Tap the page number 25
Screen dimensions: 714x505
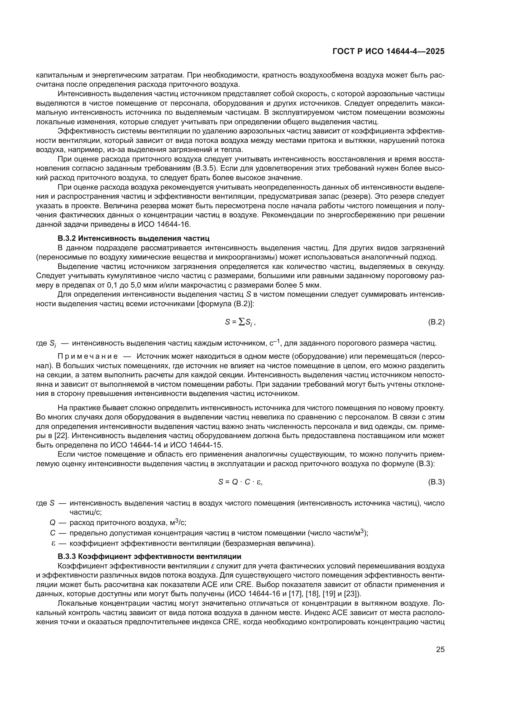pos(440,649)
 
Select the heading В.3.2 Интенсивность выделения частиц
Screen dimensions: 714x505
pos(133,238)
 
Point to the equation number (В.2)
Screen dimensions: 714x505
pos(436,322)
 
